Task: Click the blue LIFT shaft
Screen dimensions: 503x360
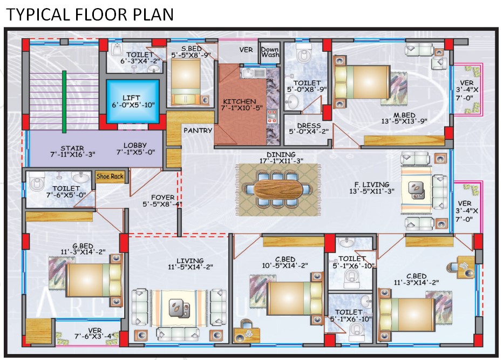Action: coord(133,101)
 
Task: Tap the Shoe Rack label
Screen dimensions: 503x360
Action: coord(110,176)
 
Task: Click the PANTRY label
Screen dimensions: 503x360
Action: coord(198,130)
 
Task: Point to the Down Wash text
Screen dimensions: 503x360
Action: coord(270,52)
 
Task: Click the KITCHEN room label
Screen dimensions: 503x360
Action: coord(239,101)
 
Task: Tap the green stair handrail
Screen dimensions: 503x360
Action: coord(64,101)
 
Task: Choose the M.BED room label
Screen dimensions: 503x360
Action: coord(404,115)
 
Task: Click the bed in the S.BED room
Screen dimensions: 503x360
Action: coord(186,81)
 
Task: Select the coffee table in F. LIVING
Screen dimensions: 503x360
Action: coord(417,189)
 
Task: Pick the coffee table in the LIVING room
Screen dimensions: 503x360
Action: coord(179,308)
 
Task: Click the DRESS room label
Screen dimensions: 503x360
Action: coord(309,125)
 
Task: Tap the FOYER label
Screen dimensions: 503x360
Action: coord(162,198)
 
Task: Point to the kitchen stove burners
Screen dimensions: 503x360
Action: coord(271,117)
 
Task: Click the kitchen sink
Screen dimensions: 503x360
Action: coord(254,73)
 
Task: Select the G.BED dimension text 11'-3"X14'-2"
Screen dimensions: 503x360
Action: coord(83,252)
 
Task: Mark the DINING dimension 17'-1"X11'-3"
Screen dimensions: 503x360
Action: coord(281,161)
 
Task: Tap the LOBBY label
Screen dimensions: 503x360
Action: coord(135,145)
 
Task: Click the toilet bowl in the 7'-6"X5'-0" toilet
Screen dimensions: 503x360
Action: coord(37,182)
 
